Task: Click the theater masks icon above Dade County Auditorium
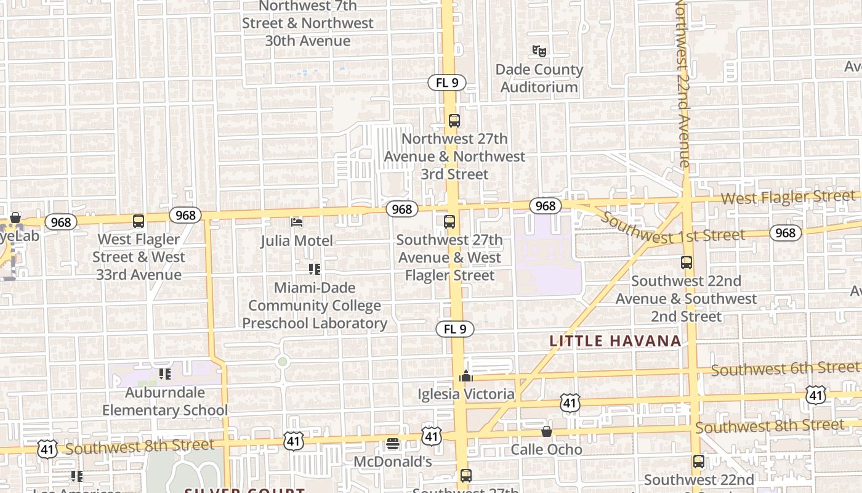539,51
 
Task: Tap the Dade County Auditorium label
539,78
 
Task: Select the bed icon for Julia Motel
297,222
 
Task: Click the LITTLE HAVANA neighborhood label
615,341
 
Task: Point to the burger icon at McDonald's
393,444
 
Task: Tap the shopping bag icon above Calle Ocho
547,431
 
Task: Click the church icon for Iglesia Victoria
466,375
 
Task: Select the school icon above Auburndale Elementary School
164,373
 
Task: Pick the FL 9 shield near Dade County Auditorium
447,83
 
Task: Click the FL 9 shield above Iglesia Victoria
455,329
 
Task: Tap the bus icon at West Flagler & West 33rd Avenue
139,221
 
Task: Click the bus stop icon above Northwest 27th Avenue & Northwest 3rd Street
454,121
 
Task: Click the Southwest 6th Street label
785,369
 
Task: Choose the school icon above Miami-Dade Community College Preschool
315,269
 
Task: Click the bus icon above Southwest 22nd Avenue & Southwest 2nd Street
687,263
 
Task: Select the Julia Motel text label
297,240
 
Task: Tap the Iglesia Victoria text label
466,394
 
